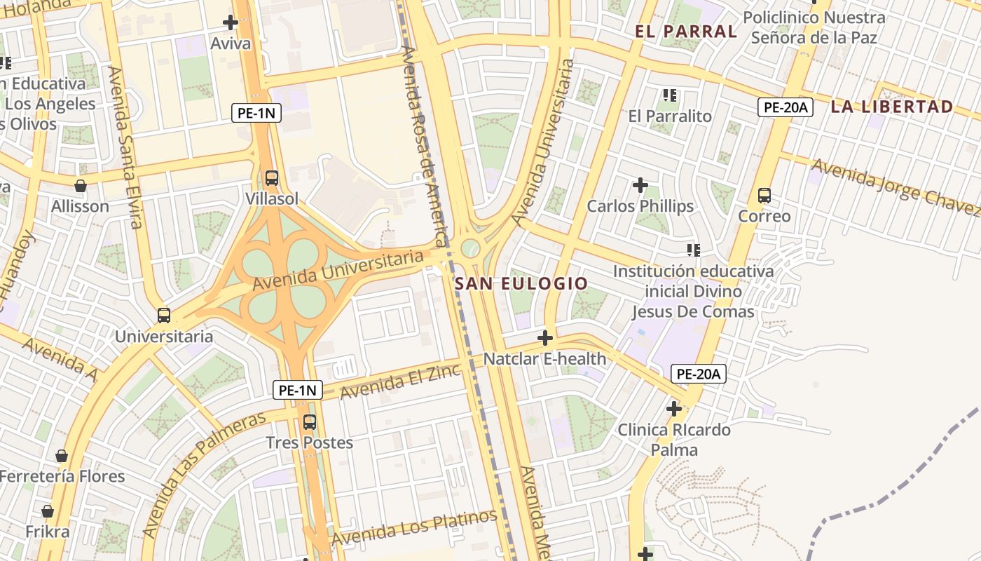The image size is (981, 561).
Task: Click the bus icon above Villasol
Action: coord(271,178)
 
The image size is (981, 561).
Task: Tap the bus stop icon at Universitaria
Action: coord(164,316)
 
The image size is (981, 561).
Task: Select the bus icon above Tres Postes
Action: coord(309,422)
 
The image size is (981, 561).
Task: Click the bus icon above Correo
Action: coord(764,196)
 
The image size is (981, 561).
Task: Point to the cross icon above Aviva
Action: coord(231,22)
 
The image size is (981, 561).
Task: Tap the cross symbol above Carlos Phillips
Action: coord(640,185)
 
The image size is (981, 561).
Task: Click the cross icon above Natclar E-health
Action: coord(544,338)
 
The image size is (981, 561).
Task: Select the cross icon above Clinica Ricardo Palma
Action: coord(673,408)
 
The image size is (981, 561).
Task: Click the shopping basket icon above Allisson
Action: coord(81,186)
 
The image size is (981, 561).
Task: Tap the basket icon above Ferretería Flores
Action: coord(62,456)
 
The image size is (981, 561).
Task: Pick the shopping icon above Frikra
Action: coord(48,511)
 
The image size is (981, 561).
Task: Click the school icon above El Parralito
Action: coord(670,95)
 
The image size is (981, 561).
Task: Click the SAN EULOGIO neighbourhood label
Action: coord(521,283)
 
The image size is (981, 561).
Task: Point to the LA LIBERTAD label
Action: coord(891,107)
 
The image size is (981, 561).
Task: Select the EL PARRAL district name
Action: coord(685,31)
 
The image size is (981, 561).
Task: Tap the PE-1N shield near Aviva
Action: coord(256,113)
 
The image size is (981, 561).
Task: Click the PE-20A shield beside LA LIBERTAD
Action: coord(785,107)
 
